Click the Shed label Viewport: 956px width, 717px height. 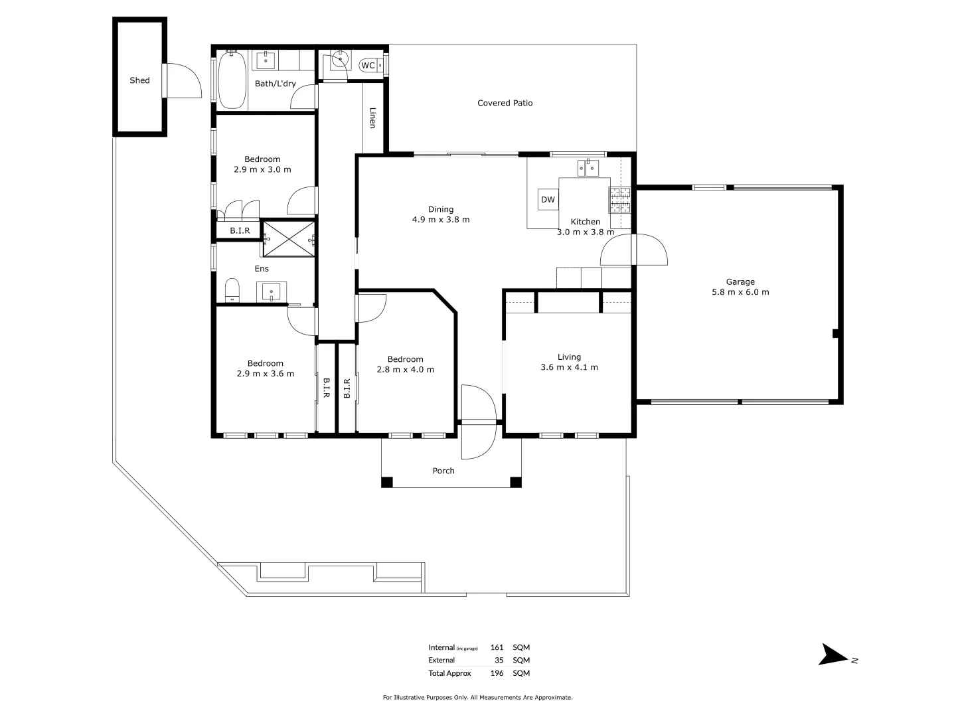(x=139, y=80)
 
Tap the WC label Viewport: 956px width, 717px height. (x=368, y=65)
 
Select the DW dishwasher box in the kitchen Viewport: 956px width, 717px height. (x=548, y=199)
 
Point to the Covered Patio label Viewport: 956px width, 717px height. (x=505, y=103)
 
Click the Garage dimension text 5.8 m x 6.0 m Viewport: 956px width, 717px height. (x=740, y=292)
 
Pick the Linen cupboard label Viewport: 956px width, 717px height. (x=372, y=118)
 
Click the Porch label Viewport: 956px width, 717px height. (x=443, y=471)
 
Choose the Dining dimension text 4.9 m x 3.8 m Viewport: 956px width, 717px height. (x=441, y=220)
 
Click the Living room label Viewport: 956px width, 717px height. (x=569, y=357)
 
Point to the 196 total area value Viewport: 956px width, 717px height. (x=497, y=673)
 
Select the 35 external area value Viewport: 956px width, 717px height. (x=499, y=661)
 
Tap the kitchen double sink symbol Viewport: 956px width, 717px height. (x=588, y=168)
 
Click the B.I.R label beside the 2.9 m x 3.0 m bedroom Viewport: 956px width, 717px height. (x=240, y=230)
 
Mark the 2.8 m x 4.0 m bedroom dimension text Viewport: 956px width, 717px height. (x=405, y=370)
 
